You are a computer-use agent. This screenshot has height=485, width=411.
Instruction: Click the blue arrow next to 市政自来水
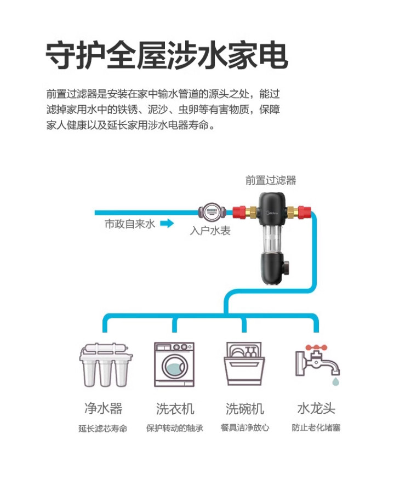tap(167, 224)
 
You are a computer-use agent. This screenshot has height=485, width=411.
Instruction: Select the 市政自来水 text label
tap(130, 224)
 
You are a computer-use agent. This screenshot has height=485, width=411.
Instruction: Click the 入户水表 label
tap(210, 231)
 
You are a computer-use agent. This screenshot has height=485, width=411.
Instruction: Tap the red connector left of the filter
tap(238, 211)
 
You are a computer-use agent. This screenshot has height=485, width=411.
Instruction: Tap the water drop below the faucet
tap(335, 379)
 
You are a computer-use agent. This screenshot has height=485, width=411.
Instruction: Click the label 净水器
tap(103, 408)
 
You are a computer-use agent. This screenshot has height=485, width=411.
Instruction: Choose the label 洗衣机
tap(175, 408)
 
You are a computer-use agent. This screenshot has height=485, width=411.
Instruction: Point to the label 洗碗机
tap(244, 408)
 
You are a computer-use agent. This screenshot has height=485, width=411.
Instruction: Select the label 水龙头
tap(316, 408)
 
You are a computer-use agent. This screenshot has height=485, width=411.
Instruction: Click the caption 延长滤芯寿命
tap(103, 429)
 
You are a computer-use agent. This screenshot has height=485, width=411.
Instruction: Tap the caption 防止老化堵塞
tap(316, 428)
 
